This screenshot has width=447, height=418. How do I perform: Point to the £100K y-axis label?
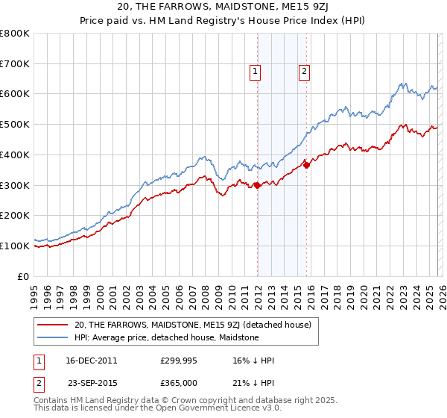[15, 246]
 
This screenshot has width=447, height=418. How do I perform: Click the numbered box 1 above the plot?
[256, 72]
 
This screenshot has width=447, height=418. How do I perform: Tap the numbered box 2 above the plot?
[305, 72]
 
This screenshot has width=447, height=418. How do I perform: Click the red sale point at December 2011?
[257, 185]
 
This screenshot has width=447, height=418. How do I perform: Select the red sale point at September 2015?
[307, 165]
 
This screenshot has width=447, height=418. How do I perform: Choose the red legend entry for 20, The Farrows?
[197, 325]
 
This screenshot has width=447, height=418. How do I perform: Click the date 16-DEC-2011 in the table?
[92, 361]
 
